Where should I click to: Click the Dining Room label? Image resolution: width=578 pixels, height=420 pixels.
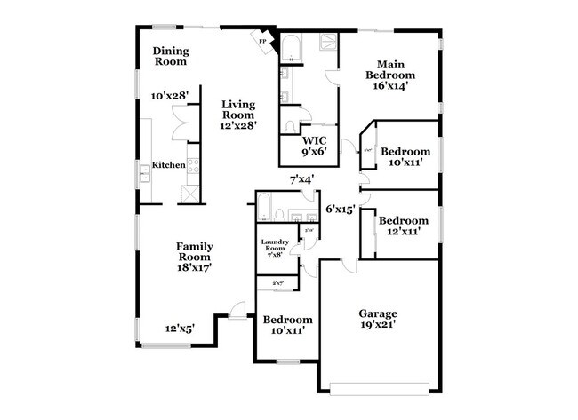[170, 56]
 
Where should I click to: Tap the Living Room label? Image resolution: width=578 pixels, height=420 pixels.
[238, 109]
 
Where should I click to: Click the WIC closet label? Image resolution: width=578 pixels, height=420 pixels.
[315, 140]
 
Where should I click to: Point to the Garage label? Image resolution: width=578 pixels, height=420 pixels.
[378, 313]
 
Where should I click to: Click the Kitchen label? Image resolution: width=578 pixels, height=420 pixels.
[168, 165]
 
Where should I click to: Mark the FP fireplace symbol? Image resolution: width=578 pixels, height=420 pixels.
[262, 41]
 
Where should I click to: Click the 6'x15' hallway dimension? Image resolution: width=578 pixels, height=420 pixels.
[340, 210]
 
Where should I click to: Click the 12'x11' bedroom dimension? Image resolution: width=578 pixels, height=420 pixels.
[399, 231]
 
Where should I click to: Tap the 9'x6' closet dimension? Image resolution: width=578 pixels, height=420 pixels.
[315, 152]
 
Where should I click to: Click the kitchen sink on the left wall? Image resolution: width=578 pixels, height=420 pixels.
[141, 173]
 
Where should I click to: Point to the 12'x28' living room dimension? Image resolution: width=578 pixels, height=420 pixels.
[239, 125]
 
